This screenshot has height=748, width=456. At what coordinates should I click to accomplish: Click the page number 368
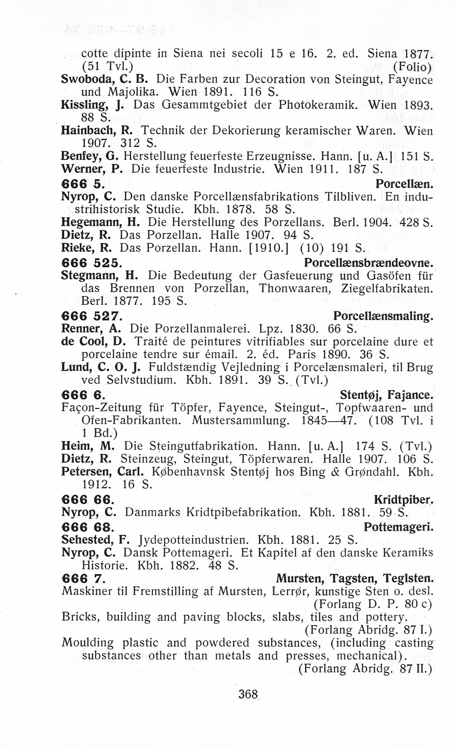(248, 694)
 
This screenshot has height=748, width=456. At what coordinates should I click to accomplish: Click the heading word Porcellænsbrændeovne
(369, 263)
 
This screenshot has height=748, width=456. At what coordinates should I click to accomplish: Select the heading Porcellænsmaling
(383, 316)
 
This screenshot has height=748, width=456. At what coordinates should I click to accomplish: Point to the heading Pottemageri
(398, 527)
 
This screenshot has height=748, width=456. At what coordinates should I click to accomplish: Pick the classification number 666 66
(86, 499)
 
